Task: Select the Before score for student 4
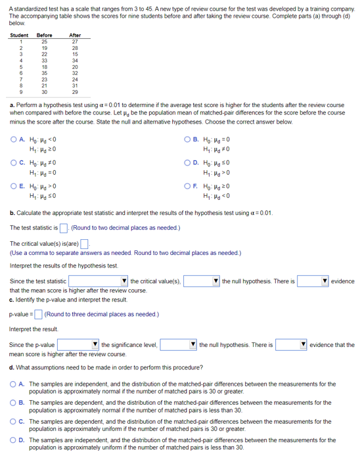coord(45,60)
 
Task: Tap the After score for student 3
coord(75,54)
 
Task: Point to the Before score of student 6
coord(45,72)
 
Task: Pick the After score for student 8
coord(75,85)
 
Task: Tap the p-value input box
coord(38,314)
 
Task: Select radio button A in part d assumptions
coord(14,384)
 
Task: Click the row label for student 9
coord(20,91)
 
